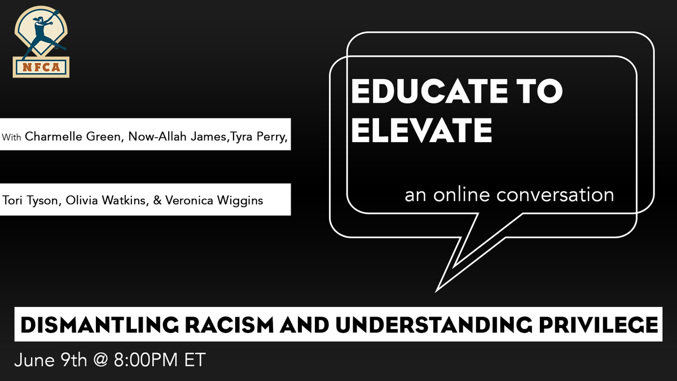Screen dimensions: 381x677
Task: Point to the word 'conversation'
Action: click(x=555, y=195)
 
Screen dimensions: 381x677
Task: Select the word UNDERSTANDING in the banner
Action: click(x=428, y=325)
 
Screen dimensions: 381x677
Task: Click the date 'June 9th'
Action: click(x=46, y=360)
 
